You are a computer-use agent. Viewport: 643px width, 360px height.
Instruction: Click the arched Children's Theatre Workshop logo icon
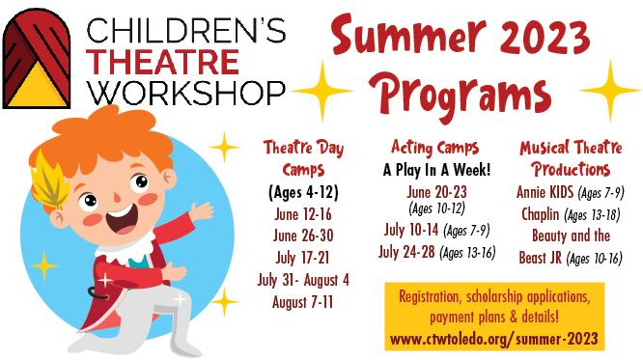37,59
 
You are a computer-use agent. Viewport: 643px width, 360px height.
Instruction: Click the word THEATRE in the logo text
164,63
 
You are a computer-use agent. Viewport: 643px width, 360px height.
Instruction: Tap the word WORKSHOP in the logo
186,94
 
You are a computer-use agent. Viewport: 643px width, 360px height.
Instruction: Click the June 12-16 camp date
303,214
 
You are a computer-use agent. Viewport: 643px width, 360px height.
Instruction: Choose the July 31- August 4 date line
303,281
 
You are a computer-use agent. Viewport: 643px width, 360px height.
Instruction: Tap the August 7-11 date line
302,303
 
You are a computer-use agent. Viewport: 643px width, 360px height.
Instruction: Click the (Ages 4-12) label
303,192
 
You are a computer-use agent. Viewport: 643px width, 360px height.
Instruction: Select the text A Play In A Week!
436,170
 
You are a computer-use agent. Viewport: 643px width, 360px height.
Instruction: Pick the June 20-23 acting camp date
436,192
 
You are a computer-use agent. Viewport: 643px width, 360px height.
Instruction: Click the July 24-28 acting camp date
406,252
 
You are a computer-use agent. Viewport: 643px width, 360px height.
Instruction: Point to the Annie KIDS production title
545,192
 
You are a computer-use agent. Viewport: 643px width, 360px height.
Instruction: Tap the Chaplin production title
540,214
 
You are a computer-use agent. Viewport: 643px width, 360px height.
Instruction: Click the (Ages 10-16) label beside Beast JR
594,259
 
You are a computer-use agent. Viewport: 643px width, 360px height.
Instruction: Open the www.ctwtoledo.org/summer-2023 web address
494,340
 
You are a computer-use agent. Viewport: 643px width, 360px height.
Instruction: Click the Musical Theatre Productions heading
571,158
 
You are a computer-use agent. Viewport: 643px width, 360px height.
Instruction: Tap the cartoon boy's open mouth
122,220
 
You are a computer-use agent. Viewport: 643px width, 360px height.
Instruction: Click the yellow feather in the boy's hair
48,180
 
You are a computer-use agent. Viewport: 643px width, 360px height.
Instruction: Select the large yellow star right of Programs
610,90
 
